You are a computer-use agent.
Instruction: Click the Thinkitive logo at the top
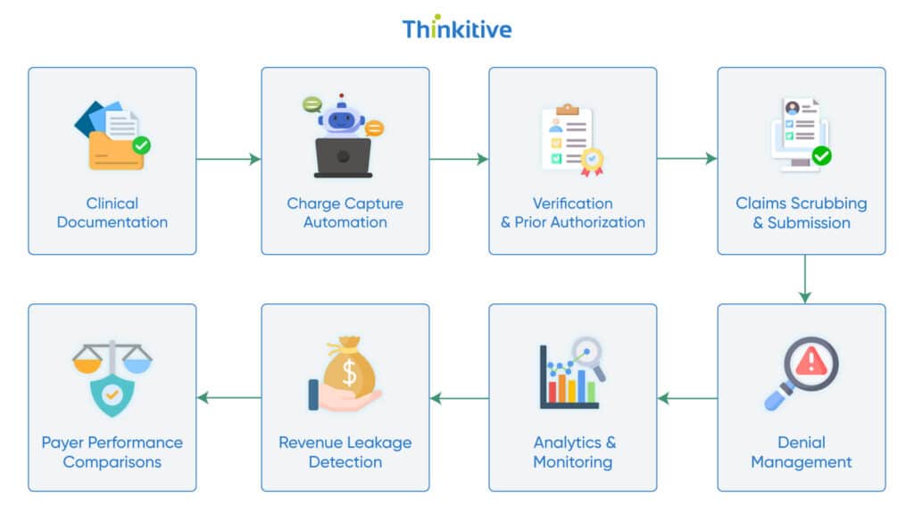point(457,29)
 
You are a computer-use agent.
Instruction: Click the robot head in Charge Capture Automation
point(342,119)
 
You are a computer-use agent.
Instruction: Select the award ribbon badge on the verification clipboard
point(592,160)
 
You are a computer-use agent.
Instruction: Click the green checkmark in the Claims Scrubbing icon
point(821,156)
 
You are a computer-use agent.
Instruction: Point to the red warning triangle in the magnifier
point(811,361)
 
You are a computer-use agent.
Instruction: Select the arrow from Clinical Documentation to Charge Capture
point(228,160)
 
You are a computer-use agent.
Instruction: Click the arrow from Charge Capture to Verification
point(459,160)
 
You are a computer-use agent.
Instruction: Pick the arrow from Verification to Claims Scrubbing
point(687,159)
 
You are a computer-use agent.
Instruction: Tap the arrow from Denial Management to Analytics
point(687,398)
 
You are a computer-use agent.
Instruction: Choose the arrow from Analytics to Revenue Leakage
point(459,398)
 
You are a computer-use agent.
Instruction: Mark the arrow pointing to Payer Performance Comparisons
point(228,398)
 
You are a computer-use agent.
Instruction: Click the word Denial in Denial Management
point(802,443)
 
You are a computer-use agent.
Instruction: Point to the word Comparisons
point(112,462)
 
